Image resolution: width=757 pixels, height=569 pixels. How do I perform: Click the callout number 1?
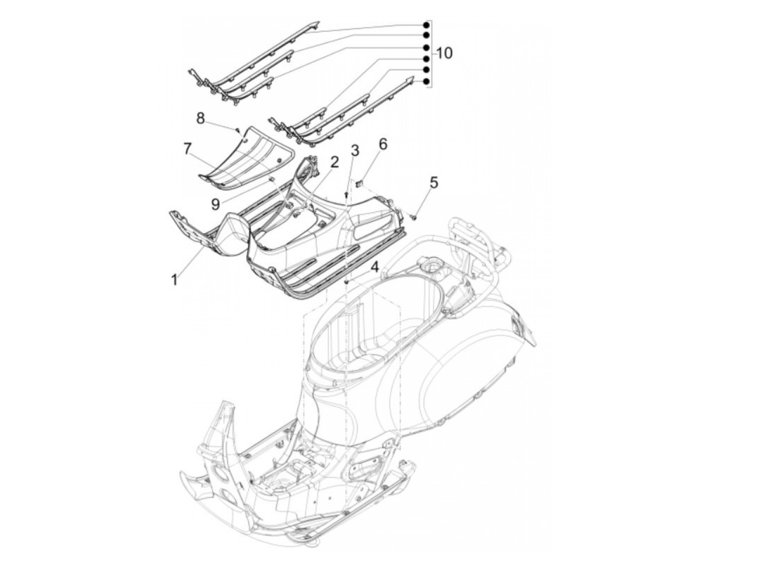point(174,280)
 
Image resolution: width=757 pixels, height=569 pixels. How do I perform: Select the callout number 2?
point(335,162)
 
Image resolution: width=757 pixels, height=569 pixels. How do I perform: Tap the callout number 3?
point(355,150)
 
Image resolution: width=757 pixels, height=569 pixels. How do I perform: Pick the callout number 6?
point(383,144)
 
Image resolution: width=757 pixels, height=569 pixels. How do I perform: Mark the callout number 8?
point(201,118)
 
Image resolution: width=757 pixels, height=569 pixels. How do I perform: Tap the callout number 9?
point(216,204)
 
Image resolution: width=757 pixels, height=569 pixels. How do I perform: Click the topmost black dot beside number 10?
point(426,25)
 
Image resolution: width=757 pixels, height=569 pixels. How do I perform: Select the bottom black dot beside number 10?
point(426,82)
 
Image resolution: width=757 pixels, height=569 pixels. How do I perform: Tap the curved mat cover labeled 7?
point(246,153)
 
